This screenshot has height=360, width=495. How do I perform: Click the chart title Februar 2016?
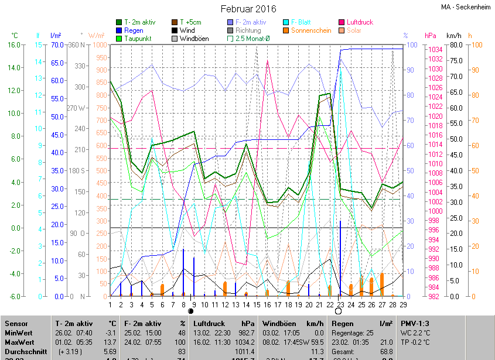pyautogui.click(x=248, y=9)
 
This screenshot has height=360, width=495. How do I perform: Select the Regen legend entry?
pyautogui.click(x=134, y=30)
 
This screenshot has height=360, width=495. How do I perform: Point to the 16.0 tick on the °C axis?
pyautogui.click(x=13, y=45)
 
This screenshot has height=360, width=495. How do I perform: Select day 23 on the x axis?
pyautogui.click(x=340, y=304)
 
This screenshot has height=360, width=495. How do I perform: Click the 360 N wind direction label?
pyautogui.click(x=77, y=45)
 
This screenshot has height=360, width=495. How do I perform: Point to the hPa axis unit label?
pyautogui.click(x=431, y=36)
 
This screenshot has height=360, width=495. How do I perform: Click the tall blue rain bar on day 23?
pyautogui.click(x=340, y=258)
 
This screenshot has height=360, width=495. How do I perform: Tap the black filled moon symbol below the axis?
pyautogui.click(x=190, y=312)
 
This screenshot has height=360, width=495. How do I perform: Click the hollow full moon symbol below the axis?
pyautogui.click(x=338, y=312)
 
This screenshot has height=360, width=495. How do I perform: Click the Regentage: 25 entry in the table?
pyautogui.click(x=353, y=332)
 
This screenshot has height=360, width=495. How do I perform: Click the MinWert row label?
pyautogui.click(x=19, y=332)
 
